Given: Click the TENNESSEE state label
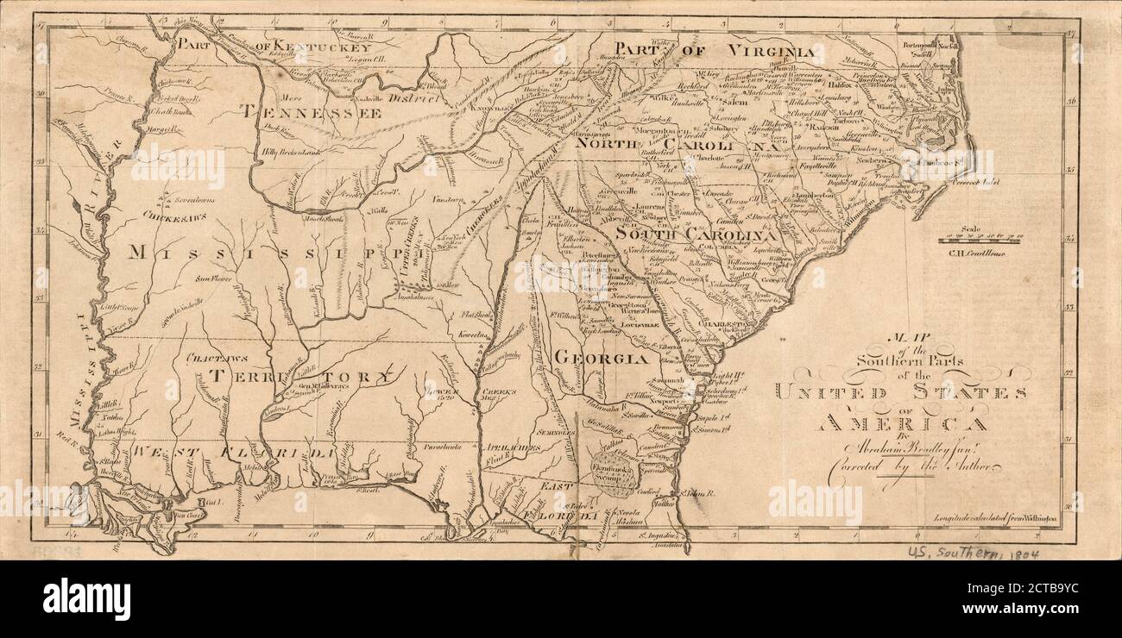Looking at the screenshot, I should [311, 111].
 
